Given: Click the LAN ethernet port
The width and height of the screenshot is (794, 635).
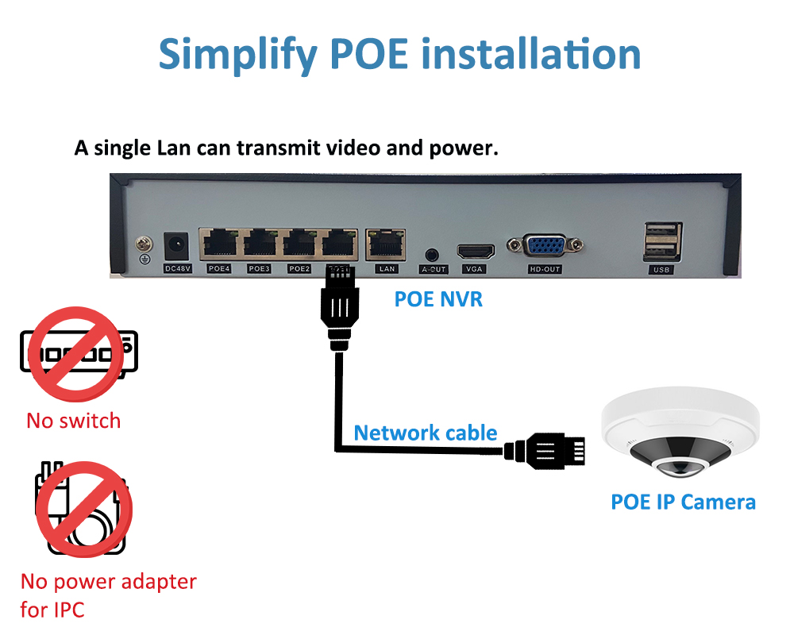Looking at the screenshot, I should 386,242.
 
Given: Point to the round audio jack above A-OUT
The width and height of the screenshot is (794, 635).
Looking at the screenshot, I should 433,255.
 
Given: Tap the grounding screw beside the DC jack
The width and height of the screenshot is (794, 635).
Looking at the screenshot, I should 144,243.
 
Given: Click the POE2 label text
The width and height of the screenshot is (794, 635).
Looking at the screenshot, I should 299,269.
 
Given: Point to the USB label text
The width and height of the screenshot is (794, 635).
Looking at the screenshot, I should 661,270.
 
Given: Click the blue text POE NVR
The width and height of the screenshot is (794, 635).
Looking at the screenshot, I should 438,300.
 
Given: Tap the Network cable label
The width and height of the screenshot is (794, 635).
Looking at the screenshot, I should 426,433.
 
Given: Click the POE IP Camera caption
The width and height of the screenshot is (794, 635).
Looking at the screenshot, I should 683,502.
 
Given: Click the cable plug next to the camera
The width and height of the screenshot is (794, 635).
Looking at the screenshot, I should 548,451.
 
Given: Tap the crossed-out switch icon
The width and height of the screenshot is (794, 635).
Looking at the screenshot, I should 75,354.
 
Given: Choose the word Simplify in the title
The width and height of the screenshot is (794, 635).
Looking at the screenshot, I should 234,54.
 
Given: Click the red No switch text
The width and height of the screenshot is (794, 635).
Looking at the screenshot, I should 74,421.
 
